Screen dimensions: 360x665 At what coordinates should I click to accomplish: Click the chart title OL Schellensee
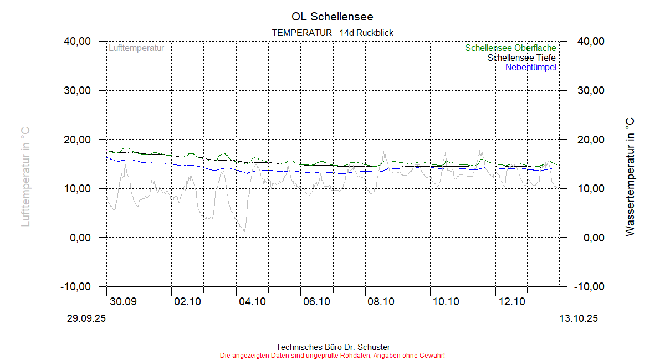332,17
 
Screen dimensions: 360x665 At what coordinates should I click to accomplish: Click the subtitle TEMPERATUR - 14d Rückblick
332,33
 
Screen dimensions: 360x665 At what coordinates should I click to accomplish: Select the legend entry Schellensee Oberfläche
510,48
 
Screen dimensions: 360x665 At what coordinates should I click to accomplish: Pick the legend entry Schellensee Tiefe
521,58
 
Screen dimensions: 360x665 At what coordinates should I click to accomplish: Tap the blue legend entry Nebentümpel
530,68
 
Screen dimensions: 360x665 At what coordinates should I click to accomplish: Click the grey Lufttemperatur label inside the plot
136,48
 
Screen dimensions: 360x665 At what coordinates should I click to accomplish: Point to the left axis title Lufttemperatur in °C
25,177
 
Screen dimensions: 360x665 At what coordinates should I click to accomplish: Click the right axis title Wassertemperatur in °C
630,177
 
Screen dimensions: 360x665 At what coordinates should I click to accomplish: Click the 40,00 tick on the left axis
77,42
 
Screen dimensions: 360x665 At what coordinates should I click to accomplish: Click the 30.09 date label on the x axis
123,302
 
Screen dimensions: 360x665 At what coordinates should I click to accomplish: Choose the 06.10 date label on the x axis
316,302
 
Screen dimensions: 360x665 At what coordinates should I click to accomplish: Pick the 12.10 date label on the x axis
511,302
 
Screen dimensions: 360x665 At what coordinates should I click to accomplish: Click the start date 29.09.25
86,318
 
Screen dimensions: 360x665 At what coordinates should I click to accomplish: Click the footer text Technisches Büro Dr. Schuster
332,347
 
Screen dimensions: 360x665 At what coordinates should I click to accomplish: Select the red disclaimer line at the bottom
332,355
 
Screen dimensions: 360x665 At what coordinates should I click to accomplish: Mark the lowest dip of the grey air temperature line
244,230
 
